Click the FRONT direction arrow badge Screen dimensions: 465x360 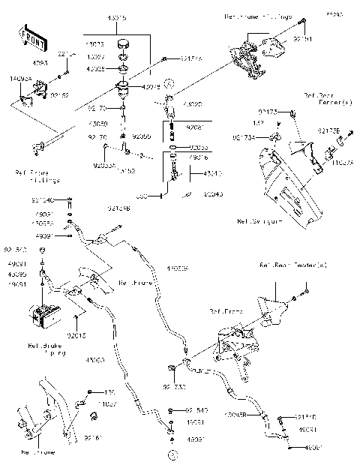pyautogui.click(x=29, y=37)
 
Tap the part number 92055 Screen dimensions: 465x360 pyautogui.click(x=141, y=137)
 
